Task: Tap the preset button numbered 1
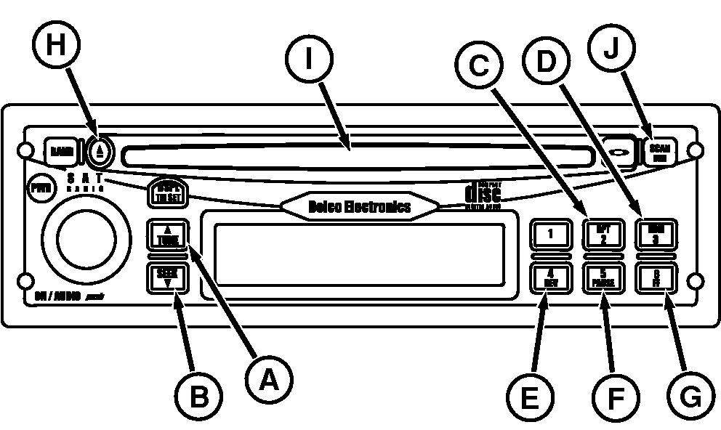coord(550,235)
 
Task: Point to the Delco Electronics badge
coord(360,206)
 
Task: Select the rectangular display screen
coord(360,254)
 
